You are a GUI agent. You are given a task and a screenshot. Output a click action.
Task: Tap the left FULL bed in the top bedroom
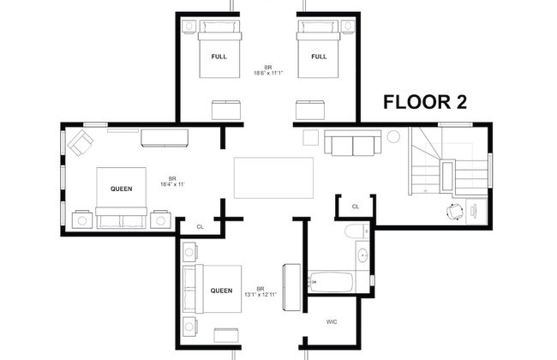click(219, 55)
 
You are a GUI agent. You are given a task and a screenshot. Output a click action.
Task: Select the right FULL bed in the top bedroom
click(318, 55)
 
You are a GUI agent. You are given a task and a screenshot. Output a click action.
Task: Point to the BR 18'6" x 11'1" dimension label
click(268, 70)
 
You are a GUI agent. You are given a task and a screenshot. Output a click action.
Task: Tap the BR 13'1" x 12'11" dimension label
click(260, 291)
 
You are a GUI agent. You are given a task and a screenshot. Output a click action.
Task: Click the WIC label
click(331, 322)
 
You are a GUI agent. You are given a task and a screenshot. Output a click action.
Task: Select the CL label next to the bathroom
click(355, 207)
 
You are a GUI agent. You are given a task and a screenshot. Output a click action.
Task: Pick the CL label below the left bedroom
click(200, 226)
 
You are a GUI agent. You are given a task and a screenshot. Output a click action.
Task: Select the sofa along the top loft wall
click(352, 142)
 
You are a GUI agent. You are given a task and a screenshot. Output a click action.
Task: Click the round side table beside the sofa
click(393, 136)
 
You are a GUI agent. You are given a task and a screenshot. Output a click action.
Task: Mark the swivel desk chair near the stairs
click(454, 211)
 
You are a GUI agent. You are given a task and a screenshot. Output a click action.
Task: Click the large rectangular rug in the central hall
click(273, 178)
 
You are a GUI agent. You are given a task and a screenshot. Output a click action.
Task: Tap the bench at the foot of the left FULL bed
click(225, 110)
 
